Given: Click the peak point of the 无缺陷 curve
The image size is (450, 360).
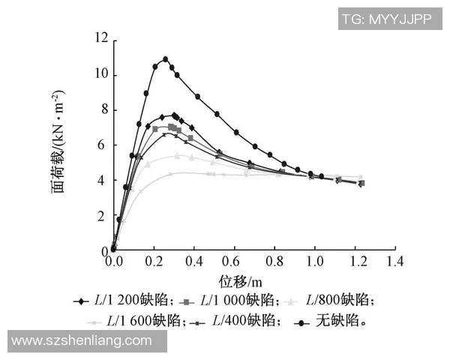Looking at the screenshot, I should (x=165, y=58).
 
